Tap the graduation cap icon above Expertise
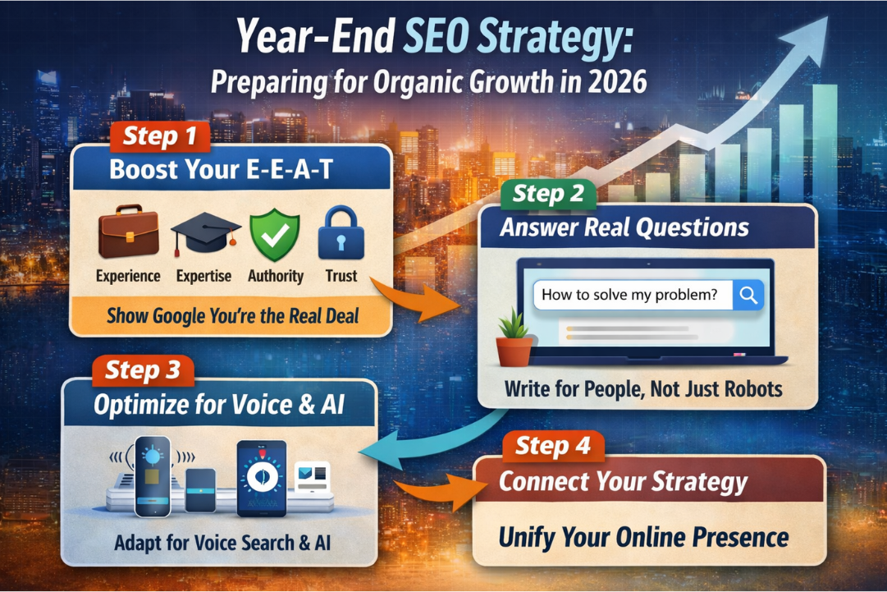pos(204,233)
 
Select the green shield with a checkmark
pos(275,233)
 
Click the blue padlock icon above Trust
pos(341,233)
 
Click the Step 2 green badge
pos(548,194)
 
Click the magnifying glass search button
pos(748,296)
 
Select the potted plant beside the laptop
pos(514,338)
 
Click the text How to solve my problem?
pos(629,296)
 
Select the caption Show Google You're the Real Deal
pos(232,315)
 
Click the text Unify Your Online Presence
pos(643,538)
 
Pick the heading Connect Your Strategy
pos(623,482)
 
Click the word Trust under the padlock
pos(341,276)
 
